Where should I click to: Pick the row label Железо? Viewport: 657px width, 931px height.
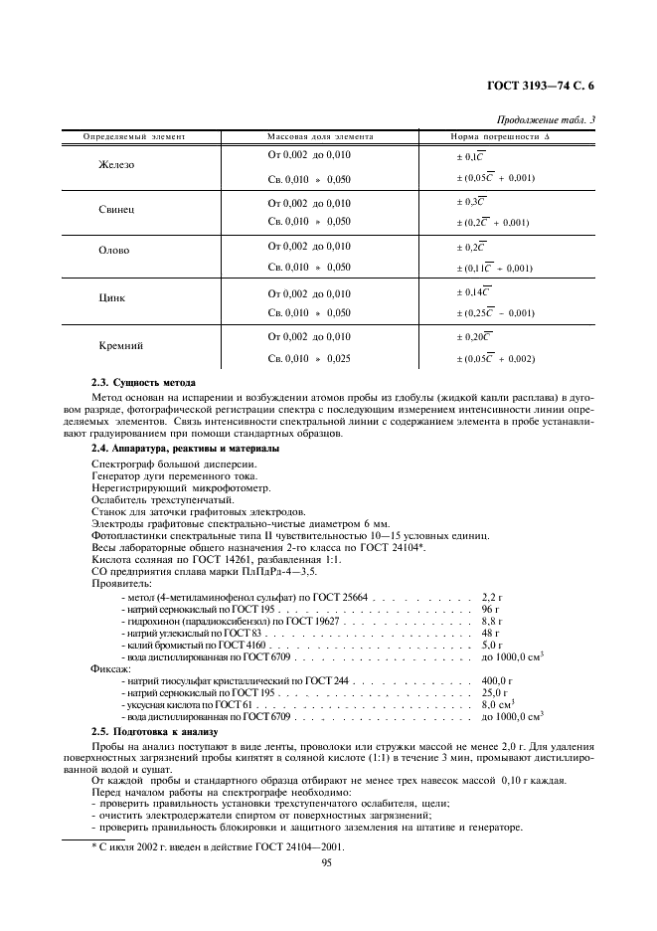(x=116, y=165)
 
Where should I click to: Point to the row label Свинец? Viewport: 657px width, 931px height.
(x=116, y=211)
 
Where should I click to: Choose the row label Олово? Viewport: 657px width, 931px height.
(x=114, y=252)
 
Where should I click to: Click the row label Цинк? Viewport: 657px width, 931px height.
(x=112, y=297)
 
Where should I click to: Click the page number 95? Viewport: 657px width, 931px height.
(x=326, y=862)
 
